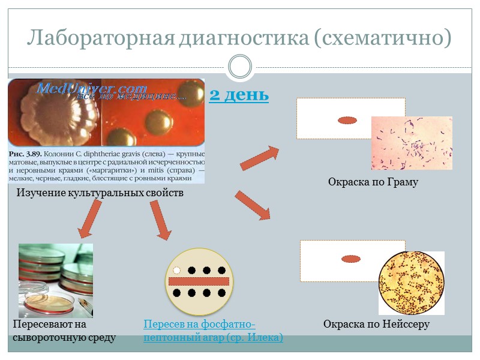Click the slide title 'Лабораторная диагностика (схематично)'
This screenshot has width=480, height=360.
pyautogui.click(x=239, y=38)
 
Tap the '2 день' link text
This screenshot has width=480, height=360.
pyautogui.click(x=239, y=95)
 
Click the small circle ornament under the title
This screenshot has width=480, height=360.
pyautogui.click(x=240, y=67)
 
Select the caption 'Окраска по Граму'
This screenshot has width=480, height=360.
pyautogui.click(x=373, y=182)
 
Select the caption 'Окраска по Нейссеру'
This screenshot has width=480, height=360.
pyautogui.click(x=376, y=325)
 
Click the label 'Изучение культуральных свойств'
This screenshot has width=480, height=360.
pyautogui.click(x=100, y=193)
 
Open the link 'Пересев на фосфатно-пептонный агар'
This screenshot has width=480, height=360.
pyautogui.click(x=213, y=331)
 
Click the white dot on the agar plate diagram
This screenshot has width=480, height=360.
pyautogui.click(x=177, y=270)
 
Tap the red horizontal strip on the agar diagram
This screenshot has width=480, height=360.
pyautogui.click(x=199, y=281)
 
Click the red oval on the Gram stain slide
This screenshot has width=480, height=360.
pyautogui.click(x=348, y=121)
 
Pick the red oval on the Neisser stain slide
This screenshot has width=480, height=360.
pyautogui.click(x=350, y=259)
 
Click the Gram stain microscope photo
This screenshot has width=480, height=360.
pyautogui.click(x=411, y=143)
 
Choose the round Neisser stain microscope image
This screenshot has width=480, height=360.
pyautogui.click(x=411, y=282)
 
